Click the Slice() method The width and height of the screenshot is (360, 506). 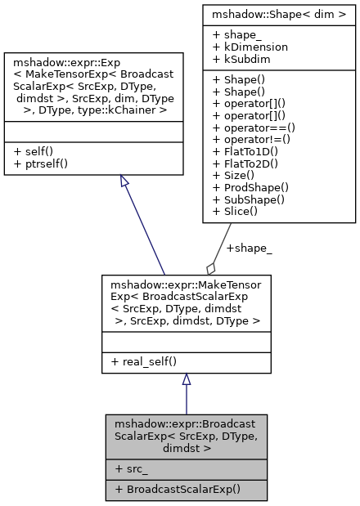coord(238,211)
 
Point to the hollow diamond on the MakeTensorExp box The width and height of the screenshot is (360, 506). coord(211,267)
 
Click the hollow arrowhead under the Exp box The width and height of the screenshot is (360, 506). coord(123,181)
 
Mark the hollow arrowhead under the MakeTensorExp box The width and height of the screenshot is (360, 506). coord(187,379)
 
